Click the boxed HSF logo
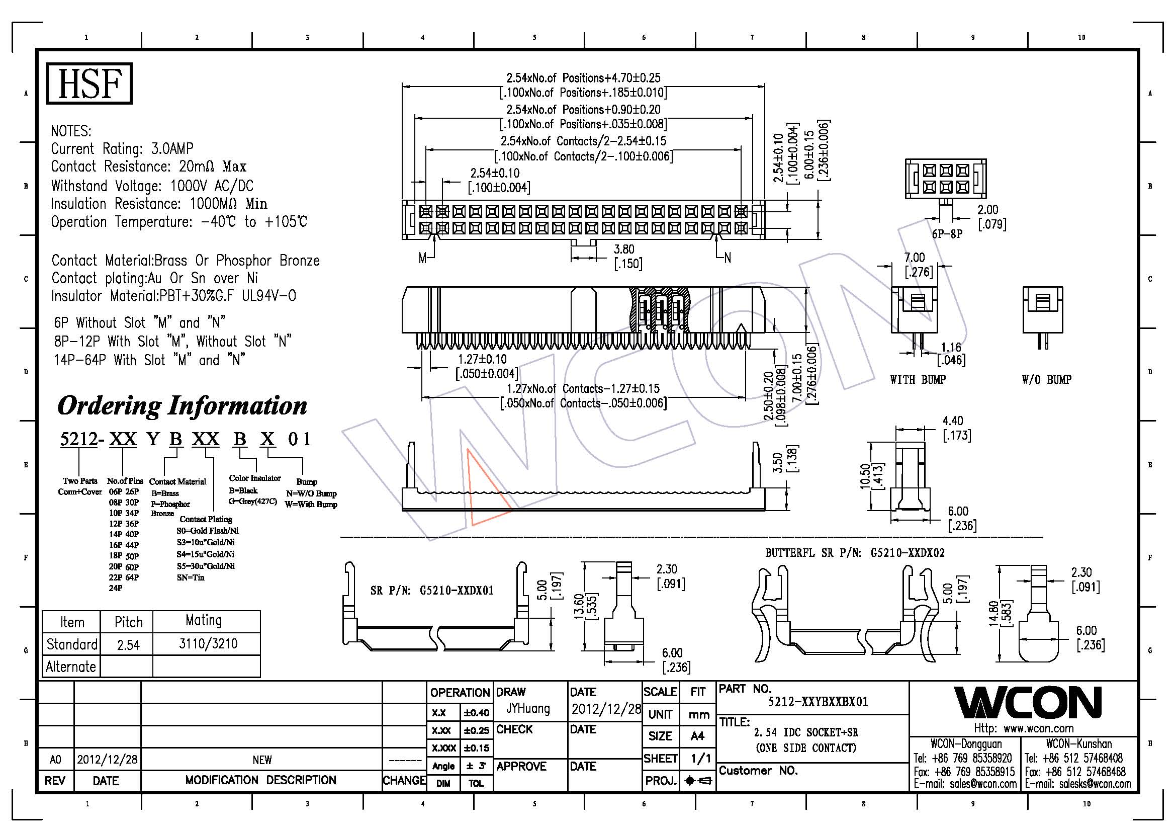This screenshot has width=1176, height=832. (89, 84)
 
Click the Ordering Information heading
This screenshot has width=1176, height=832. (183, 406)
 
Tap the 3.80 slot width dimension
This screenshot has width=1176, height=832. (624, 249)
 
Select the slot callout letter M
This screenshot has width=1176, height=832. (422, 258)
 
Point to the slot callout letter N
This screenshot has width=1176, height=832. (728, 258)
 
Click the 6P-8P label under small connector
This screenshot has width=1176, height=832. (947, 234)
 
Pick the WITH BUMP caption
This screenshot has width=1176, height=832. (918, 380)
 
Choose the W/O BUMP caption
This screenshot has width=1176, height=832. (1046, 380)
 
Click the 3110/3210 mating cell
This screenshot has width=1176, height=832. (208, 643)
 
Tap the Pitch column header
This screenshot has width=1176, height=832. (128, 622)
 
